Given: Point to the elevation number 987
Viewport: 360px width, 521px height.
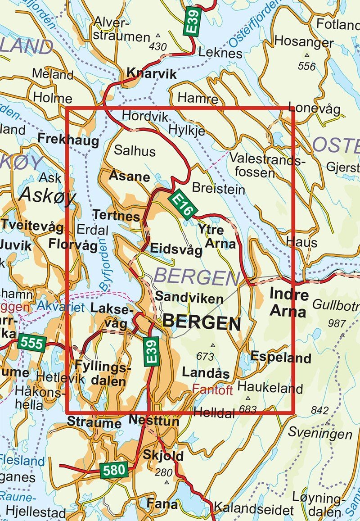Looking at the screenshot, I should pyautogui.click(x=337, y=323).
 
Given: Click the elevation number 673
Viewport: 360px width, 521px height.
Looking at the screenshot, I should pyautogui.click(x=205, y=357).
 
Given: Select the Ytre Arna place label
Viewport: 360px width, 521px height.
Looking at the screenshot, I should pyautogui.click(x=217, y=237).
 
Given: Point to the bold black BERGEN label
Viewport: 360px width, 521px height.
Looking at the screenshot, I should pyautogui.click(x=201, y=322).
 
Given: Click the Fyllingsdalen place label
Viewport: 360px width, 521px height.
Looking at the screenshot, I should pyautogui.click(x=103, y=373).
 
